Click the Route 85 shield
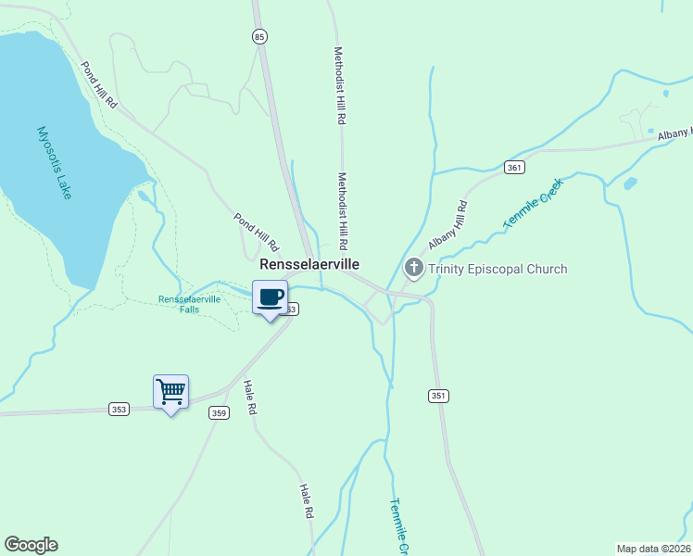[x=258, y=37]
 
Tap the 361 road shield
[x=515, y=168]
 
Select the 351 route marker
[x=438, y=396]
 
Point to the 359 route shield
[x=219, y=413]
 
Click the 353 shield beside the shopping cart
[x=119, y=409]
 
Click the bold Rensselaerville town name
[x=309, y=264]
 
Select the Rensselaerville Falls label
[x=190, y=304]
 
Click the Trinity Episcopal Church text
[x=498, y=270]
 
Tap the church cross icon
[x=414, y=270]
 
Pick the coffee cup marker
[x=270, y=297]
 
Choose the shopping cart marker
[x=170, y=392]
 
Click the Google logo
[x=31, y=545]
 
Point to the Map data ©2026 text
[x=653, y=548]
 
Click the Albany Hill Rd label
[x=447, y=225]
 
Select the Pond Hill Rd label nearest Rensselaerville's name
[x=256, y=233]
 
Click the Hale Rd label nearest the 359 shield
[x=248, y=398]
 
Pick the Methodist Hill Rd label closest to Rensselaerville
[x=342, y=210]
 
